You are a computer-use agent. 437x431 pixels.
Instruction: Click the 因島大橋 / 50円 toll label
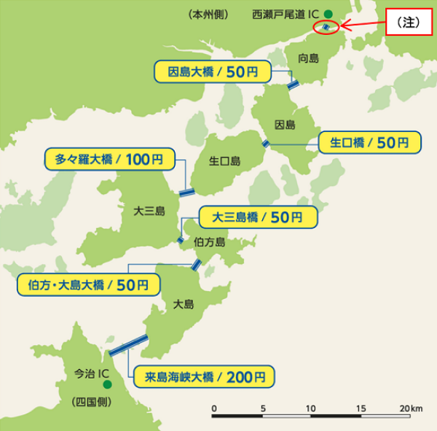click(x=213, y=71)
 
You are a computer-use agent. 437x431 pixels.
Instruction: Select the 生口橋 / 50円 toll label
click(x=371, y=142)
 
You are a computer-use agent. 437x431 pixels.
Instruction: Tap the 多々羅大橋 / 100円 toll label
click(x=109, y=158)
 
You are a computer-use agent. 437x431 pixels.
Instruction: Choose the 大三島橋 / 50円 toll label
click(x=259, y=217)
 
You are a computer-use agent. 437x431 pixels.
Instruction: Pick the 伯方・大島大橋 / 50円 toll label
click(x=87, y=284)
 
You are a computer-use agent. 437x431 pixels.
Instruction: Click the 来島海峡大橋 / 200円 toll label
click(x=205, y=377)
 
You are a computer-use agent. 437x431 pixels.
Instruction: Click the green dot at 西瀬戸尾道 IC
click(x=328, y=13)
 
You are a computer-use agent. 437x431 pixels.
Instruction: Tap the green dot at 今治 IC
click(x=106, y=384)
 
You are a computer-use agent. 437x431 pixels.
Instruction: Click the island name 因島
click(x=286, y=124)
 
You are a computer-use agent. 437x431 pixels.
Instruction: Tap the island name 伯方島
click(x=210, y=241)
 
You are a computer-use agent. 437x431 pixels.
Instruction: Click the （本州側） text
click(x=209, y=14)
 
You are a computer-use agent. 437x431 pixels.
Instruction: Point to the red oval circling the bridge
click(x=326, y=28)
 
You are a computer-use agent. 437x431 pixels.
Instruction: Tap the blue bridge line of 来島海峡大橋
click(x=129, y=343)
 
